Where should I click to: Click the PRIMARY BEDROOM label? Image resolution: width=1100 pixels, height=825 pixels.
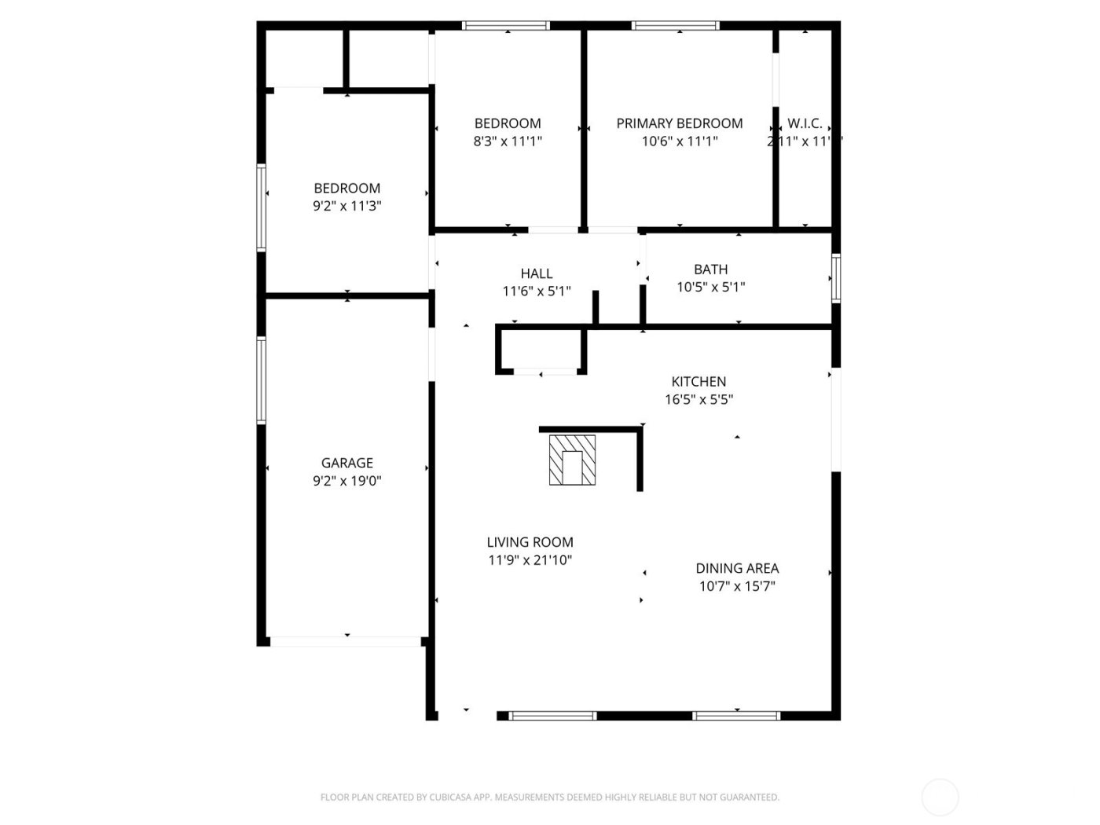pos(679,123)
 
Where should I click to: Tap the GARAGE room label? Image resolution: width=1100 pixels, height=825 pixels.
pos(346,463)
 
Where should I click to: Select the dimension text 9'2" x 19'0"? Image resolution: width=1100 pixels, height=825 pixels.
pos(346,481)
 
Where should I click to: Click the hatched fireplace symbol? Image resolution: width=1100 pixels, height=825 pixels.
pos(572,460)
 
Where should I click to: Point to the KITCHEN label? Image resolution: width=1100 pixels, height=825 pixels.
pos(698,381)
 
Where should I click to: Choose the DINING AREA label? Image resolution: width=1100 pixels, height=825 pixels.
pos(737,568)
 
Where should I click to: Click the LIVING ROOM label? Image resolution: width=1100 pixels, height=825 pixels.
pos(530,542)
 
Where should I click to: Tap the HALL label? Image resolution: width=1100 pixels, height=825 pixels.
pos(536,273)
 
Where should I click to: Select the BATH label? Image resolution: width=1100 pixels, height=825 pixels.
pos(710,269)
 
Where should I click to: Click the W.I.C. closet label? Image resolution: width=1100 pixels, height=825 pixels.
pos(805,123)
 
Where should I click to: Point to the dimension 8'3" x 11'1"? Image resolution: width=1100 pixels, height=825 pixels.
pos(507,141)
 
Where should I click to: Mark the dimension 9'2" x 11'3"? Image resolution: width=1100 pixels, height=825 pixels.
pos(346,206)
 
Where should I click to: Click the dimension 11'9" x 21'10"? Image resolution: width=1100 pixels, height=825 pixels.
pos(530,560)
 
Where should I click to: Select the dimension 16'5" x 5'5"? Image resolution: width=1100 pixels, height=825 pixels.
pos(698,399)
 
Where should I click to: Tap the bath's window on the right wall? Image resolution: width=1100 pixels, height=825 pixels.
pos(836,278)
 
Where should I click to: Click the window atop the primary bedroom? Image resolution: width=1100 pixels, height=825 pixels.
pos(676,26)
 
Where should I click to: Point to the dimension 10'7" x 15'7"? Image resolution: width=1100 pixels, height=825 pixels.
pos(737,586)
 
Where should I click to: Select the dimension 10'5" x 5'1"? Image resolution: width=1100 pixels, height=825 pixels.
pos(710,288)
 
